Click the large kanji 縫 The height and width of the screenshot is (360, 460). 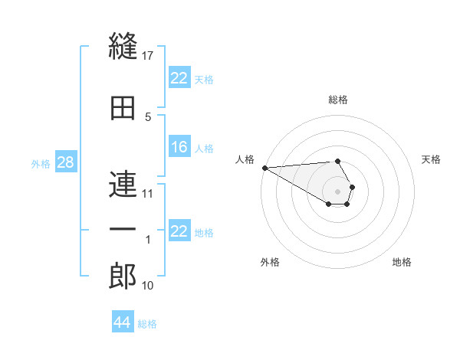click(x=123, y=46)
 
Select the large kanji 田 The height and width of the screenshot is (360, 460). click(x=123, y=108)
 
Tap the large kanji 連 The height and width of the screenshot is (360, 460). click(x=123, y=184)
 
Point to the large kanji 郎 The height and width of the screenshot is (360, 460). click(x=123, y=276)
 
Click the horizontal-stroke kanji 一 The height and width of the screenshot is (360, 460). click(x=123, y=229)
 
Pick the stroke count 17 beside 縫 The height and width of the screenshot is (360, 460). click(x=147, y=56)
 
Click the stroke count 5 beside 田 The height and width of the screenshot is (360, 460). click(x=148, y=117)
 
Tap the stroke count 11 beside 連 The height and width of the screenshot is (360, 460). click(x=147, y=194)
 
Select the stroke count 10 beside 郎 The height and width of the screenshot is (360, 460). click(x=147, y=285)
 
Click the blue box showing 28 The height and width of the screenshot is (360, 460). click(x=66, y=162)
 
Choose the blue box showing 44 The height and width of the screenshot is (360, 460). click(x=123, y=321)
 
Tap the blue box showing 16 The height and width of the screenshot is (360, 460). click(x=179, y=146)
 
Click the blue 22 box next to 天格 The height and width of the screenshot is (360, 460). click(x=179, y=77)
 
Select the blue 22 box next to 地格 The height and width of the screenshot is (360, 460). click(x=179, y=230)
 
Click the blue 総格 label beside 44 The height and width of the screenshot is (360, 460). click(x=147, y=324)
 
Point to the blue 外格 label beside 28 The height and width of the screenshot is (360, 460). click(x=41, y=164)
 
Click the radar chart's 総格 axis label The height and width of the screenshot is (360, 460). click(x=338, y=100)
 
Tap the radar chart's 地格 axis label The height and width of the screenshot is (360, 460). click(x=402, y=262)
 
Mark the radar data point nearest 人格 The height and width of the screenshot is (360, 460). click(x=265, y=168)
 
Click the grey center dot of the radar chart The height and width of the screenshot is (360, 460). click(x=337, y=191)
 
